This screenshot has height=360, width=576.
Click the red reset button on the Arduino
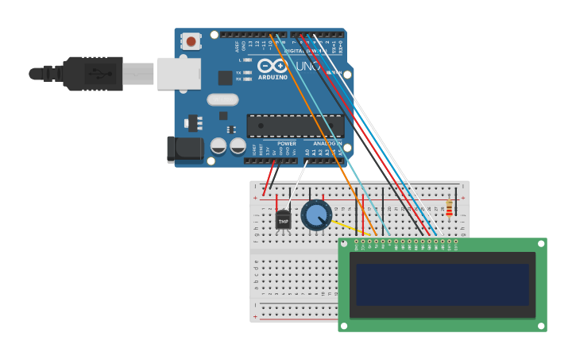click(x=191, y=41)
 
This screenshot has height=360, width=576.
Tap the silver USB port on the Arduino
click(x=179, y=73)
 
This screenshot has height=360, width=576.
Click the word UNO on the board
click(x=307, y=67)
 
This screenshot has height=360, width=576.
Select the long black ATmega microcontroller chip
click(x=295, y=126)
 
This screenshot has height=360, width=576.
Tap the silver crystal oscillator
click(x=222, y=100)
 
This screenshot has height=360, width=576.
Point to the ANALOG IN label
click(x=327, y=144)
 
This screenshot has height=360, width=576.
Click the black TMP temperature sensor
click(x=283, y=220)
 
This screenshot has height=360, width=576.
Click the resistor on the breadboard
click(x=450, y=208)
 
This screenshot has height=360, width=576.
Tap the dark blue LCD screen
click(x=442, y=285)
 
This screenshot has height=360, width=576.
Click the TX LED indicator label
click(x=238, y=72)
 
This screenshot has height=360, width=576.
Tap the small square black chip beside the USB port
click(x=225, y=78)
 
